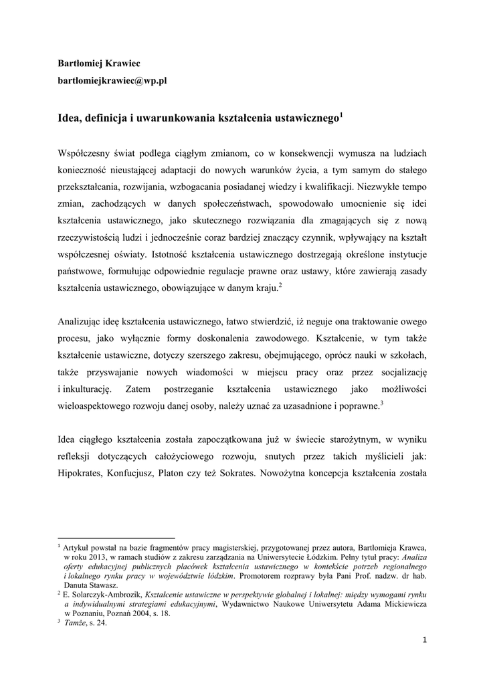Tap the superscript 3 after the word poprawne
pos(381,402)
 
